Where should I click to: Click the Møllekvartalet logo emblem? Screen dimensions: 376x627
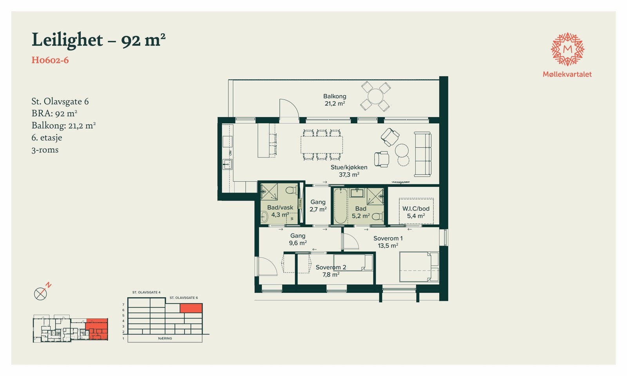point(567,49)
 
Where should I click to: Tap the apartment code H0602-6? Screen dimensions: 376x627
point(50,60)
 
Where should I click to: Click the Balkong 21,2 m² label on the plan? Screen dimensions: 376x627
point(335,100)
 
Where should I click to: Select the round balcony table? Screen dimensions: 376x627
point(375,96)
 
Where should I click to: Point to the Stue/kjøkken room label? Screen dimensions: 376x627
point(349,171)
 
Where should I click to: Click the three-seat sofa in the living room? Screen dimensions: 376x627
point(423,154)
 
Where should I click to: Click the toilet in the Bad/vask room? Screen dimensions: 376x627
point(290,191)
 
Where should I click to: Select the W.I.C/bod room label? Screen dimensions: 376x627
point(416,212)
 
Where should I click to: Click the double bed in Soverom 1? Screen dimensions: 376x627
point(419,266)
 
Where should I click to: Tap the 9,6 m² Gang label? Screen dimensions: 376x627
point(298,239)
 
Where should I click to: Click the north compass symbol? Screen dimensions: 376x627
point(41,293)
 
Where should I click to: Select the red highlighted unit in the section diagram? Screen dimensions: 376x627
point(191,308)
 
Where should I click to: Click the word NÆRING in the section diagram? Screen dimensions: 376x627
point(165,338)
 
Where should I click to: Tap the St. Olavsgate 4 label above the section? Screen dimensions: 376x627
point(146,293)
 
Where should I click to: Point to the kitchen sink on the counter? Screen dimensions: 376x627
point(227,164)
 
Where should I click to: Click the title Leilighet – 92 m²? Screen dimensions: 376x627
point(98,40)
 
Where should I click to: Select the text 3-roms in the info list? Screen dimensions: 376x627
point(45,150)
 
